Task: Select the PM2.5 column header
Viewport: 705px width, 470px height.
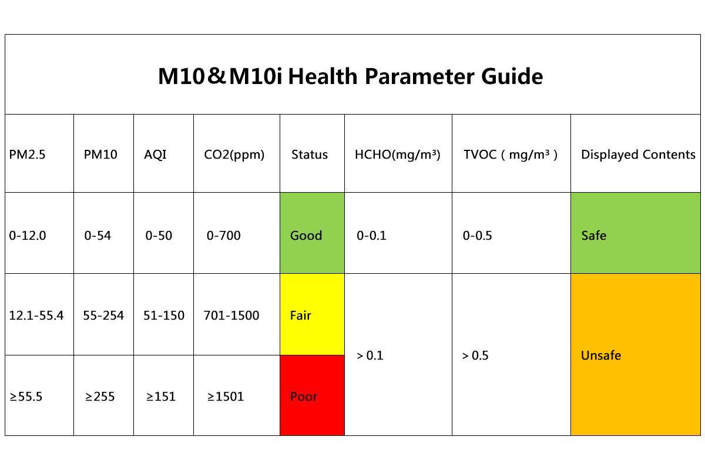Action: (27, 155)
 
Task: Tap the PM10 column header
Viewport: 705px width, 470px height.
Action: (100, 155)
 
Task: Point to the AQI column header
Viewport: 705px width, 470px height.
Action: (155, 155)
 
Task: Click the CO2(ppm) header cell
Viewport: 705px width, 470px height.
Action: (234, 155)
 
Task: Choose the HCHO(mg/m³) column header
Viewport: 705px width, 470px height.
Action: (397, 155)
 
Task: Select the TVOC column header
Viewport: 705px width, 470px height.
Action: (510, 155)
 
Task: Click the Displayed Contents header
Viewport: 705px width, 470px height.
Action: (638, 155)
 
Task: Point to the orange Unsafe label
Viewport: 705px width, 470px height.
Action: (600, 355)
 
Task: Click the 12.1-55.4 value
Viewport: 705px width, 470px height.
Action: (36, 315)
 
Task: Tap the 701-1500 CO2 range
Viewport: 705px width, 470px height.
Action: (231, 315)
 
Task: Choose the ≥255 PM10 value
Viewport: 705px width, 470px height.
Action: (100, 397)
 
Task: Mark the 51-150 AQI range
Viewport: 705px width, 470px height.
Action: (164, 315)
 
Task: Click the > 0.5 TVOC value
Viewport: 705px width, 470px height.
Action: (475, 355)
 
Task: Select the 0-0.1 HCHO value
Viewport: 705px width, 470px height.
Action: (372, 236)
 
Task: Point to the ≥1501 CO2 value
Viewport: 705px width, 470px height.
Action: (226, 397)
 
